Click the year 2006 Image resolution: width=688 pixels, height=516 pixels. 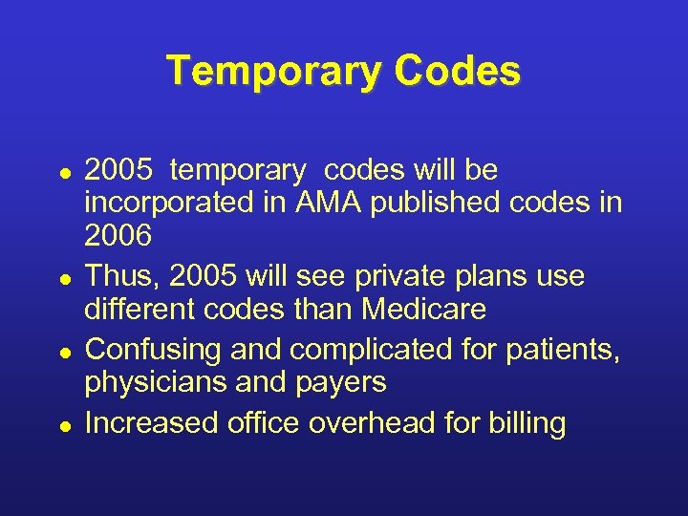point(118,235)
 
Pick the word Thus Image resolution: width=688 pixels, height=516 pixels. point(118,276)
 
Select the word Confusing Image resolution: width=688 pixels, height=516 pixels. point(152,349)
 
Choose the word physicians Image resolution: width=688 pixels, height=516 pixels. point(154,382)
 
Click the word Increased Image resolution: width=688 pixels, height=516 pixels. point(151,421)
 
